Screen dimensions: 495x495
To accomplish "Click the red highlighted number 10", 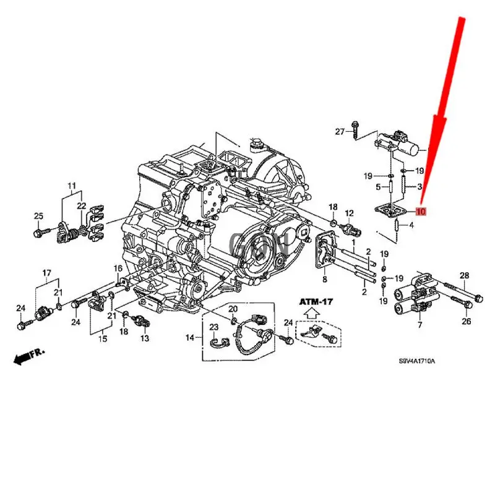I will tap(421, 212).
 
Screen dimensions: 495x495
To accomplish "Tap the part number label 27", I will tap(339, 131).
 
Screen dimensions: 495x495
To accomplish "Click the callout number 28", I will tap(465, 275).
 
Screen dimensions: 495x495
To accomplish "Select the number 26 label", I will tap(466, 321).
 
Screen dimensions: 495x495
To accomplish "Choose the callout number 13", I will tap(145, 338).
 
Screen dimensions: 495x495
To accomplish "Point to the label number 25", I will tap(38, 216).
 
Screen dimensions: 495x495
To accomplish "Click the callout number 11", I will tap(72, 186).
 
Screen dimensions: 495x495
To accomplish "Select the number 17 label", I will tap(47, 273).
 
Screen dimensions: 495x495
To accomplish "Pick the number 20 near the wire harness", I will tap(233, 309).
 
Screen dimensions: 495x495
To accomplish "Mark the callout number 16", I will tap(118, 268).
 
